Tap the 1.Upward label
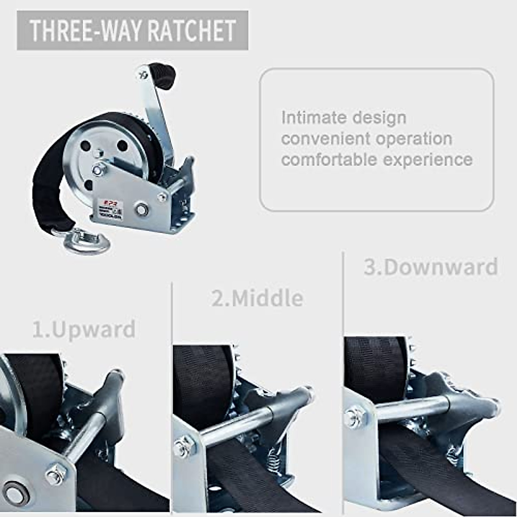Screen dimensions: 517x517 pos(84,330)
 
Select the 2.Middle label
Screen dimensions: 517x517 pos(257,298)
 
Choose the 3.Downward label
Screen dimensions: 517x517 pos(431,267)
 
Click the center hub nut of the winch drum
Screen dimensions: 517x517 pos(98,169)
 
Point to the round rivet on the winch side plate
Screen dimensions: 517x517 pos(141,210)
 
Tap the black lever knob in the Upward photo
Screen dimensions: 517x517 pos(110,390)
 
